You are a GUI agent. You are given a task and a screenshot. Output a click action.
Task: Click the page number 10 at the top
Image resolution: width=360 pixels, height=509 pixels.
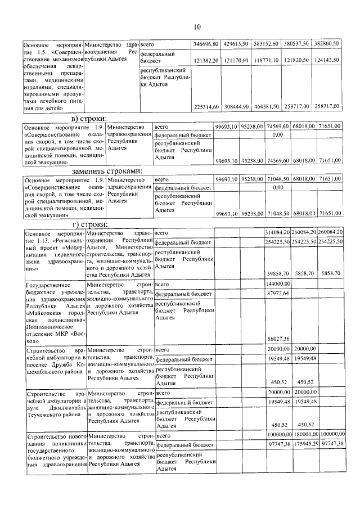coord(197,26)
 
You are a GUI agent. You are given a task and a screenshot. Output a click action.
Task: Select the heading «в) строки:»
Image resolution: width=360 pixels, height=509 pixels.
coord(90,119)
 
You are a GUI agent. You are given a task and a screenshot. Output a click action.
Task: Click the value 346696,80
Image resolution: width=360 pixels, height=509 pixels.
coord(206,43)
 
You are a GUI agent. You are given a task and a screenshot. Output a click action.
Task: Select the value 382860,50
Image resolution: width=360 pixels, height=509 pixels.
coord(327,43)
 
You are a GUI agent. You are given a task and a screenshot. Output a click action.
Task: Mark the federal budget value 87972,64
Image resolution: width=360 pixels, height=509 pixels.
coord(278,293)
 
